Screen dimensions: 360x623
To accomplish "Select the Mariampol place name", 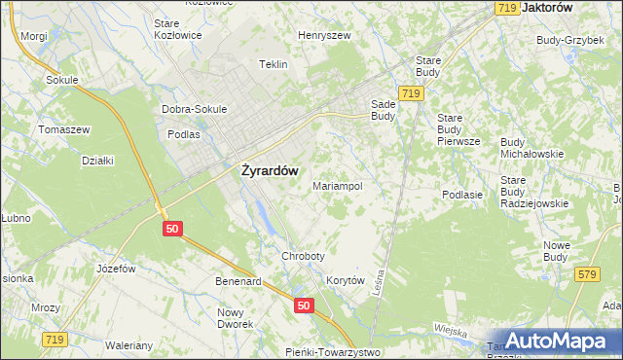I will coord(338,185).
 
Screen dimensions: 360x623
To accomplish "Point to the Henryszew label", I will coord(324,35).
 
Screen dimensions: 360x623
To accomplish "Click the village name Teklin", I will coord(274,64).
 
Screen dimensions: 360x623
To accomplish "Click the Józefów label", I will coord(114,268).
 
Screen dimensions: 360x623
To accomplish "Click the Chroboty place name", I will coord(302,255).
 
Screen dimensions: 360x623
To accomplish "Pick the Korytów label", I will coord(345,280).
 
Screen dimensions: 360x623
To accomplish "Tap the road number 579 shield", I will coord(585,275).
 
